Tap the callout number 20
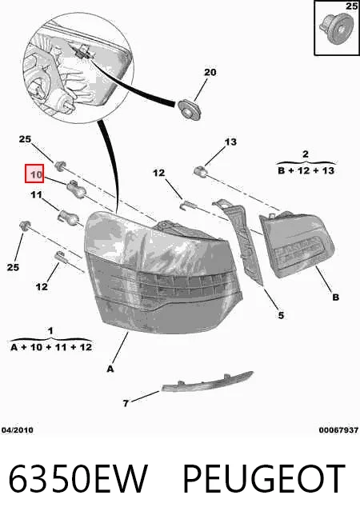point(210,72)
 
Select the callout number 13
point(230,142)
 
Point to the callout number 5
point(281,315)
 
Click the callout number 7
point(126,403)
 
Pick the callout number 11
point(36,194)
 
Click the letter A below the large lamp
point(110,369)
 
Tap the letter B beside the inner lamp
point(336,297)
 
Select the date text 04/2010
point(18,430)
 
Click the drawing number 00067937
point(338,430)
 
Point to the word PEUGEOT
point(263,479)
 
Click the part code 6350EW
point(78,479)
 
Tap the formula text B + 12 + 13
point(306,171)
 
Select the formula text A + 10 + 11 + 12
point(51,347)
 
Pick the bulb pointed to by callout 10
point(77,190)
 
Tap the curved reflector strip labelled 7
point(207,381)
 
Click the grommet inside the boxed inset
point(336,28)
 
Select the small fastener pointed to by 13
point(200,171)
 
